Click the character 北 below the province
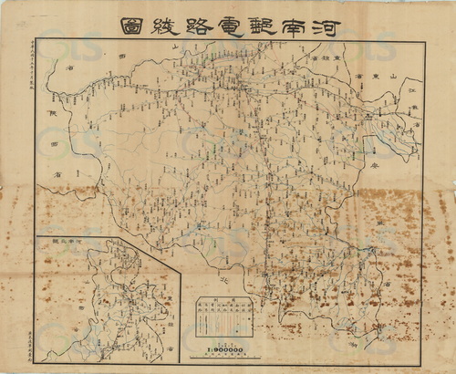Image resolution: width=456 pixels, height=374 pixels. click(x=224, y=281)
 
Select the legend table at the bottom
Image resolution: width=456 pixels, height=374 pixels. click(x=224, y=319)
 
